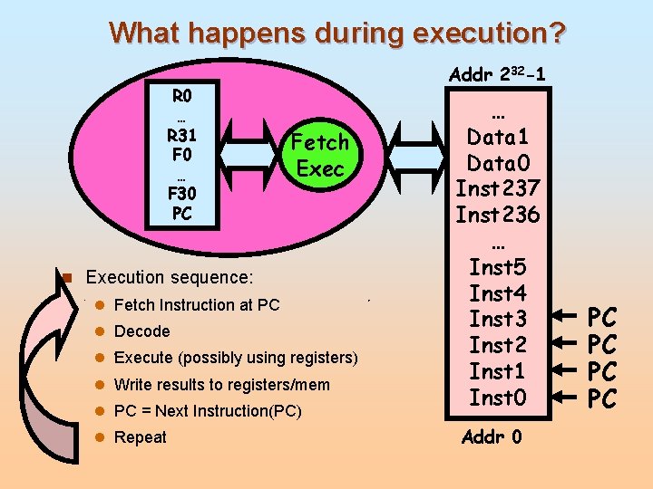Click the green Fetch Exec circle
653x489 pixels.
pyautogui.click(x=319, y=155)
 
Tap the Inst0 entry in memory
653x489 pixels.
pyautogui.click(x=497, y=397)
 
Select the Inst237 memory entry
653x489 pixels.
pyautogui.click(x=497, y=189)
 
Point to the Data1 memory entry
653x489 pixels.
pyautogui.click(x=497, y=138)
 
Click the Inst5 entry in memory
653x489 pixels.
pyautogui.click(x=497, y=267)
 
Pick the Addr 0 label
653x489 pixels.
pyautogui.click(x=492, y=437)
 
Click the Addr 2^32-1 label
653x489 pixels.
pyautogui.click(x=497, y=73)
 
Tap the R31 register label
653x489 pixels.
pyautogui.click(x=181, y=135)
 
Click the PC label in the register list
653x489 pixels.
pyautogui.click(x=181, y=213)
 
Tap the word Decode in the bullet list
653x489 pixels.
pyautogui.click(x=142, y=331)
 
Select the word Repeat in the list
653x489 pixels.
pyautogui.click(x=141, y=437)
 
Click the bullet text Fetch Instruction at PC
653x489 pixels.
pyautogui.click(x=197, y=305)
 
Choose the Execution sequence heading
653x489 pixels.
pyautogui.click(x=170, y=276)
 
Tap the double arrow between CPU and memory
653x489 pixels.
pyautogui.click(x=416, y=154)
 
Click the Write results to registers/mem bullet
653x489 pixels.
pyautogui.click(x=222, y=385)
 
